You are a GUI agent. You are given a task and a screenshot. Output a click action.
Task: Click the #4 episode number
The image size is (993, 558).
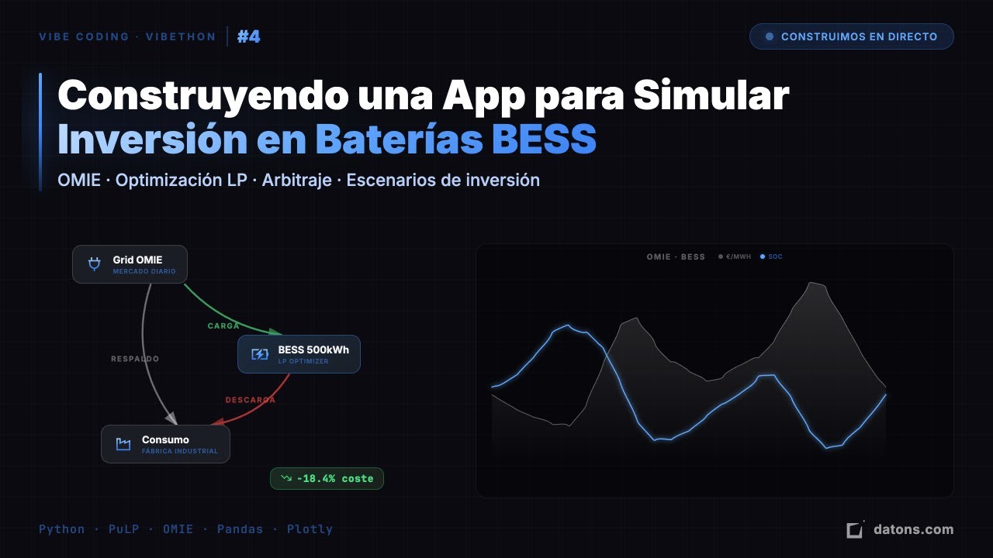[249, 36]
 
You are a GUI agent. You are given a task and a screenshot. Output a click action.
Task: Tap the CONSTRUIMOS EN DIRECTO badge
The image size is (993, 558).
[851, 36]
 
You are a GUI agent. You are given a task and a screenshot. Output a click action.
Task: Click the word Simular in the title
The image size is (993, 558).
[711, 96]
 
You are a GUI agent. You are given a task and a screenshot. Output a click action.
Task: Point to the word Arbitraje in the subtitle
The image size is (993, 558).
[296, 180]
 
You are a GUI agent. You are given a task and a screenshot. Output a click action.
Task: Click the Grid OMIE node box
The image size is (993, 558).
[130, 264]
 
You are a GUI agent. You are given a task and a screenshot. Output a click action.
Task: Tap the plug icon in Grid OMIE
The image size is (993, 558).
[95, 264]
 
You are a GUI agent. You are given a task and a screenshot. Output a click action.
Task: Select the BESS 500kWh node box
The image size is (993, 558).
[299, 354]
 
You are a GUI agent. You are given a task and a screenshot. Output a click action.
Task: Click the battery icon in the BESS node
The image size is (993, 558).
[259, 354]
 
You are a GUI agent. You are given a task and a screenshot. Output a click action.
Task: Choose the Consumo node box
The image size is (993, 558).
[165, 444]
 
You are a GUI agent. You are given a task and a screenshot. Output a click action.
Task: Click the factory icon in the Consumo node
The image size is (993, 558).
[123, 444]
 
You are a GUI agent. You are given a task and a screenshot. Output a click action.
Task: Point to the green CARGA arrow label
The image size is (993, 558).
[223, 326]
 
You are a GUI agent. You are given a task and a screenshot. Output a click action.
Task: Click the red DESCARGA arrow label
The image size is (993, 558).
[250, 400]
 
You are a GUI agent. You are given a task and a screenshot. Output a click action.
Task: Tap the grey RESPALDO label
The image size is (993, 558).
[135, 359]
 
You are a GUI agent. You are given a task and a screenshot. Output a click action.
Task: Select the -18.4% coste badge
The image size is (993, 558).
[327, 478]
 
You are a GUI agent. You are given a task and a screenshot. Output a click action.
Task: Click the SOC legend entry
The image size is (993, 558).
[772, 257]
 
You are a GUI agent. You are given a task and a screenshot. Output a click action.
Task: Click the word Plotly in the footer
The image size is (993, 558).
[310, 529]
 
